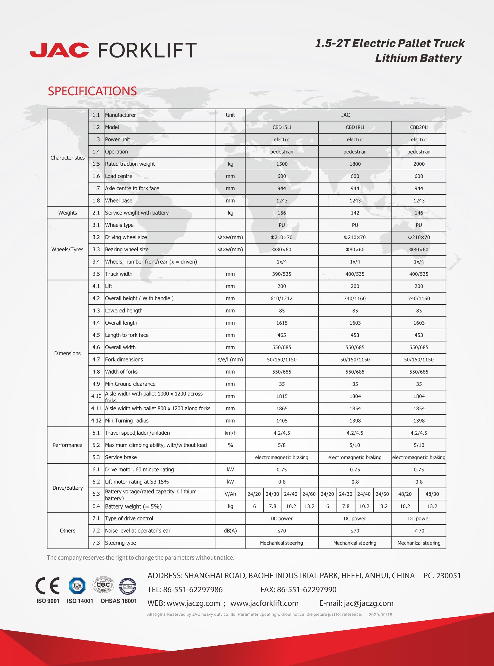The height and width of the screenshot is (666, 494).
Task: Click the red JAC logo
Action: pos(59,50)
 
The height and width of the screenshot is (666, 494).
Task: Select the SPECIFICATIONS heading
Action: pos(92,91)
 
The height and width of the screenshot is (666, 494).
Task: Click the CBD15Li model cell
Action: pos(281,127)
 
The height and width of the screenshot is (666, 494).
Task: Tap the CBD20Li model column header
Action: pos(419,127)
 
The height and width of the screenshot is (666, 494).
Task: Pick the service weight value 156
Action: pos(281,213)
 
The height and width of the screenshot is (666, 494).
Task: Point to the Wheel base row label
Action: pos(119,200)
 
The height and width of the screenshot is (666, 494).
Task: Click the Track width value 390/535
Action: pos(281,274)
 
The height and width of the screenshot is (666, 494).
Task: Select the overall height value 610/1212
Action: pos(281,298)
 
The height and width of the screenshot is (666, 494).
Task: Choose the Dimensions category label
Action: pos(67,353)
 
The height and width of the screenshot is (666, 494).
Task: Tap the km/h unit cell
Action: pos(230,433)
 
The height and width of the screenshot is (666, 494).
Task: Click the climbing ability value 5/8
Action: pos(281,445)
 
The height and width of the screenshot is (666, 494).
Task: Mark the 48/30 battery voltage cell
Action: pos(432,494)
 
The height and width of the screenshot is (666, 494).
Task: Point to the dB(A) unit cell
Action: pos(230,531)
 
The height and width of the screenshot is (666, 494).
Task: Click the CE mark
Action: pos(47,586)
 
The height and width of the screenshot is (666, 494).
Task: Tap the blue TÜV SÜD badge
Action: pos(77,586)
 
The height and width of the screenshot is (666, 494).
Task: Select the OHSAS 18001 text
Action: pos(118,601)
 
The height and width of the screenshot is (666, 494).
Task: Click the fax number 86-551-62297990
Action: pos(306,589)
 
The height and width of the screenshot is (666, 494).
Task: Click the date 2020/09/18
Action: pos(380,615)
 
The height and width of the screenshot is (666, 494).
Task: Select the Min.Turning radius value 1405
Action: pos(281,420)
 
